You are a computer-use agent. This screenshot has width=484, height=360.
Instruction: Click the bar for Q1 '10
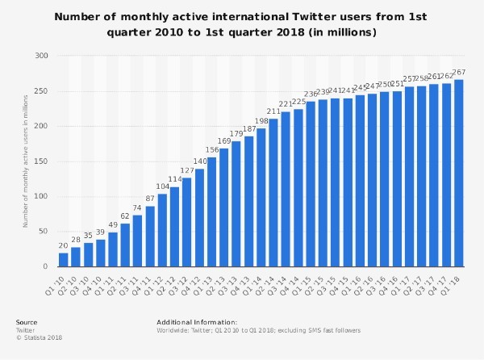(64, 259)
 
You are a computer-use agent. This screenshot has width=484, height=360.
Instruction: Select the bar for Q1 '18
(459, 173)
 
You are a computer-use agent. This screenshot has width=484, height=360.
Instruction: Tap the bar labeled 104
(162, 230)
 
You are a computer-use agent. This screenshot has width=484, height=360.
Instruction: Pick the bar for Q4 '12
(199, 217)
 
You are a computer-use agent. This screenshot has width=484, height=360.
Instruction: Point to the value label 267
(459, 73)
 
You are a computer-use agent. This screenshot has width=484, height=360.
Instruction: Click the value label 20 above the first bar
(64, 245)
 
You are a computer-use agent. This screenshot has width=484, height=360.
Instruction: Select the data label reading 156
(212, 150)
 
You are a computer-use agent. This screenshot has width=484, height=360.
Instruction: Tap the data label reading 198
(261, 121)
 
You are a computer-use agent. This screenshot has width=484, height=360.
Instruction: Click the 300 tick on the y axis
(40, 56)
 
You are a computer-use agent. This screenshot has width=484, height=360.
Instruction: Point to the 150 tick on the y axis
(40, 161)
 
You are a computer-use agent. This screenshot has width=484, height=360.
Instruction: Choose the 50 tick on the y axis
(43, 232)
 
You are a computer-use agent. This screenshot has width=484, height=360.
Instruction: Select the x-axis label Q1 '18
(454, 282)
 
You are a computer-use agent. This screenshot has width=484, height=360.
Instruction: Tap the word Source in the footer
(27, 322)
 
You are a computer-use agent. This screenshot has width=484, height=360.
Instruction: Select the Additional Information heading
(197, 322)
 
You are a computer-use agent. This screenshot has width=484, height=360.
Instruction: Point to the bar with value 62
(125, 245)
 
